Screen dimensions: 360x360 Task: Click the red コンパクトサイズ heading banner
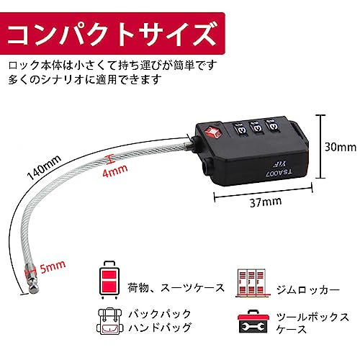coord(112,33)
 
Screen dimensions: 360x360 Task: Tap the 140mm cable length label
coord(44,167)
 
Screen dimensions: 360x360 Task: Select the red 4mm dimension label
coord(114,170)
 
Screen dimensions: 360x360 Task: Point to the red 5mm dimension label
coord(53,266)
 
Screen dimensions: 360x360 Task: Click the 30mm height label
coord(341,147)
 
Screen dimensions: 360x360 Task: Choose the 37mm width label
coord(266,202)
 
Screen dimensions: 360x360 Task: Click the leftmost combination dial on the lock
coord(240,129)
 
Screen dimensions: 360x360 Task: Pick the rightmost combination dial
coord(272,125)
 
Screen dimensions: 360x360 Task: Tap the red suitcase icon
coord(109,280)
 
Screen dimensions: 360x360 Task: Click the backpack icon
coord(109,321)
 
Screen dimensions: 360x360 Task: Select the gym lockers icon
coord(253,283)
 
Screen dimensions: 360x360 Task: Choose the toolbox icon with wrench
coord(253,321)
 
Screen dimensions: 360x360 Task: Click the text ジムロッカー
coord(308,289)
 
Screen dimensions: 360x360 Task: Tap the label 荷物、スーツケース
coord(176,288)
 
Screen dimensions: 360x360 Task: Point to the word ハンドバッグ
coord(161,327)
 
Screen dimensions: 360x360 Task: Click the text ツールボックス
coord(313,317)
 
